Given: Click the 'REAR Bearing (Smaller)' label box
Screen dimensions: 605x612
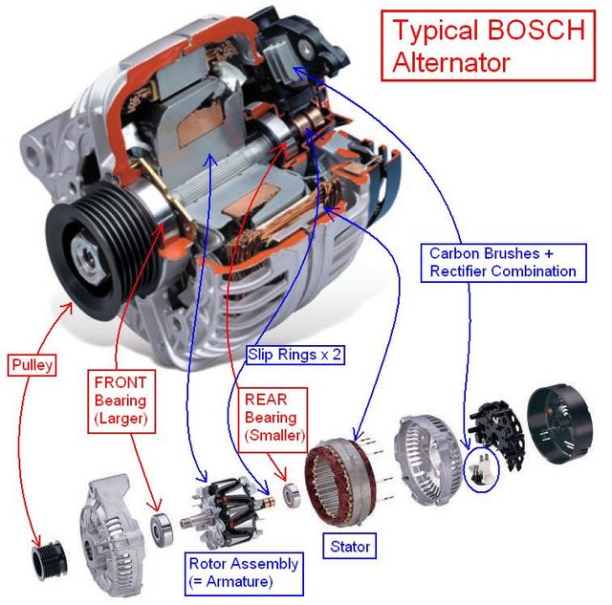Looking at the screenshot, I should coord(271,417).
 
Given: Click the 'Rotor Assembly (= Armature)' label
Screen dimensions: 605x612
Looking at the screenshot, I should coord(244,572).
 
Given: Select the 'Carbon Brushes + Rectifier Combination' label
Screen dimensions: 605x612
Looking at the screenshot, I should coord(502,263).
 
